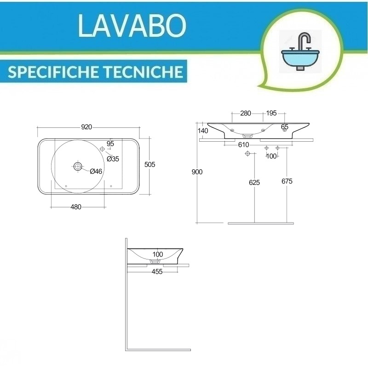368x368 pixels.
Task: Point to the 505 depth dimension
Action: pos(149,165)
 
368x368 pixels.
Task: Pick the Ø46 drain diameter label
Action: pos(96,171)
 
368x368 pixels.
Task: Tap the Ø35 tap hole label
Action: pos(113,159)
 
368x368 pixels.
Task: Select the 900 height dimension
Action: pos(197,172)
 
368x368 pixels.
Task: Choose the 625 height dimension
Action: pos(254,182)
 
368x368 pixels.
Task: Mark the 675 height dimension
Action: pos(287,181)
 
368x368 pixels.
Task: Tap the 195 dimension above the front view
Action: pos(271,113)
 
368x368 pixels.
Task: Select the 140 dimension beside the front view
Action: pos(203,131)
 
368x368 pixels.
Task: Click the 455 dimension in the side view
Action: pos(157,272)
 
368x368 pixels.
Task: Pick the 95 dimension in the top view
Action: pos(110,144)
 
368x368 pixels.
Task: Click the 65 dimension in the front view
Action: pos(284,126)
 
